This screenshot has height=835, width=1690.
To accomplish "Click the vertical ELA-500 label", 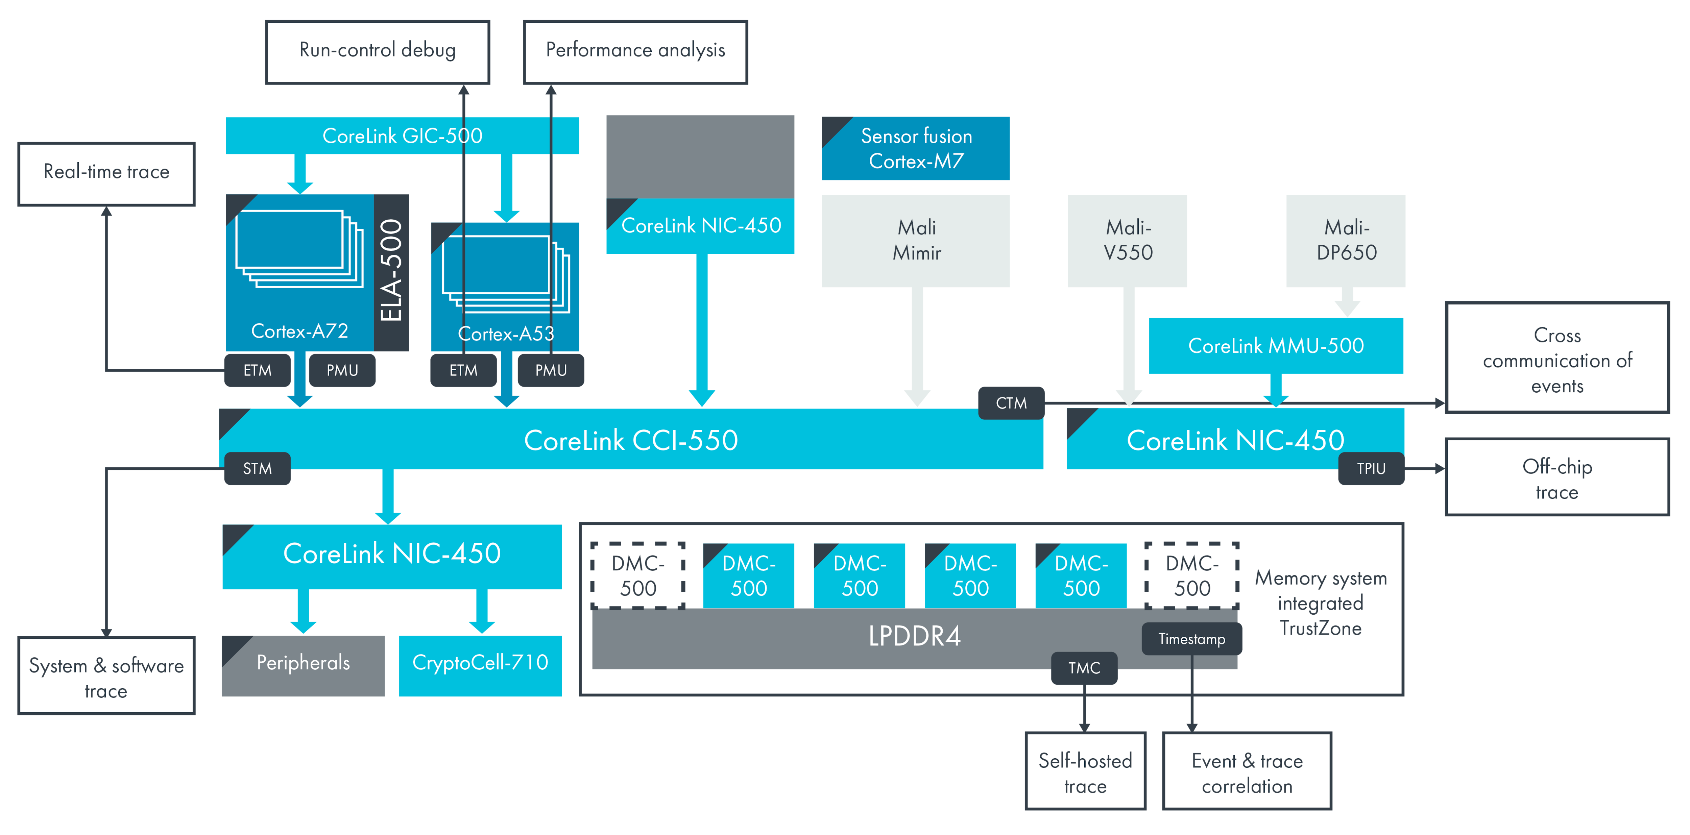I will (x=392, y=271).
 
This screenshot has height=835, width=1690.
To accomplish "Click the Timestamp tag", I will (x=1191, y=639).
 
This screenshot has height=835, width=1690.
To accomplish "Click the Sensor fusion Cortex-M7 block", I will (x=916, y=149).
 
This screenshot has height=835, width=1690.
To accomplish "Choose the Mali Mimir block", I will (x=916, y=241).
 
